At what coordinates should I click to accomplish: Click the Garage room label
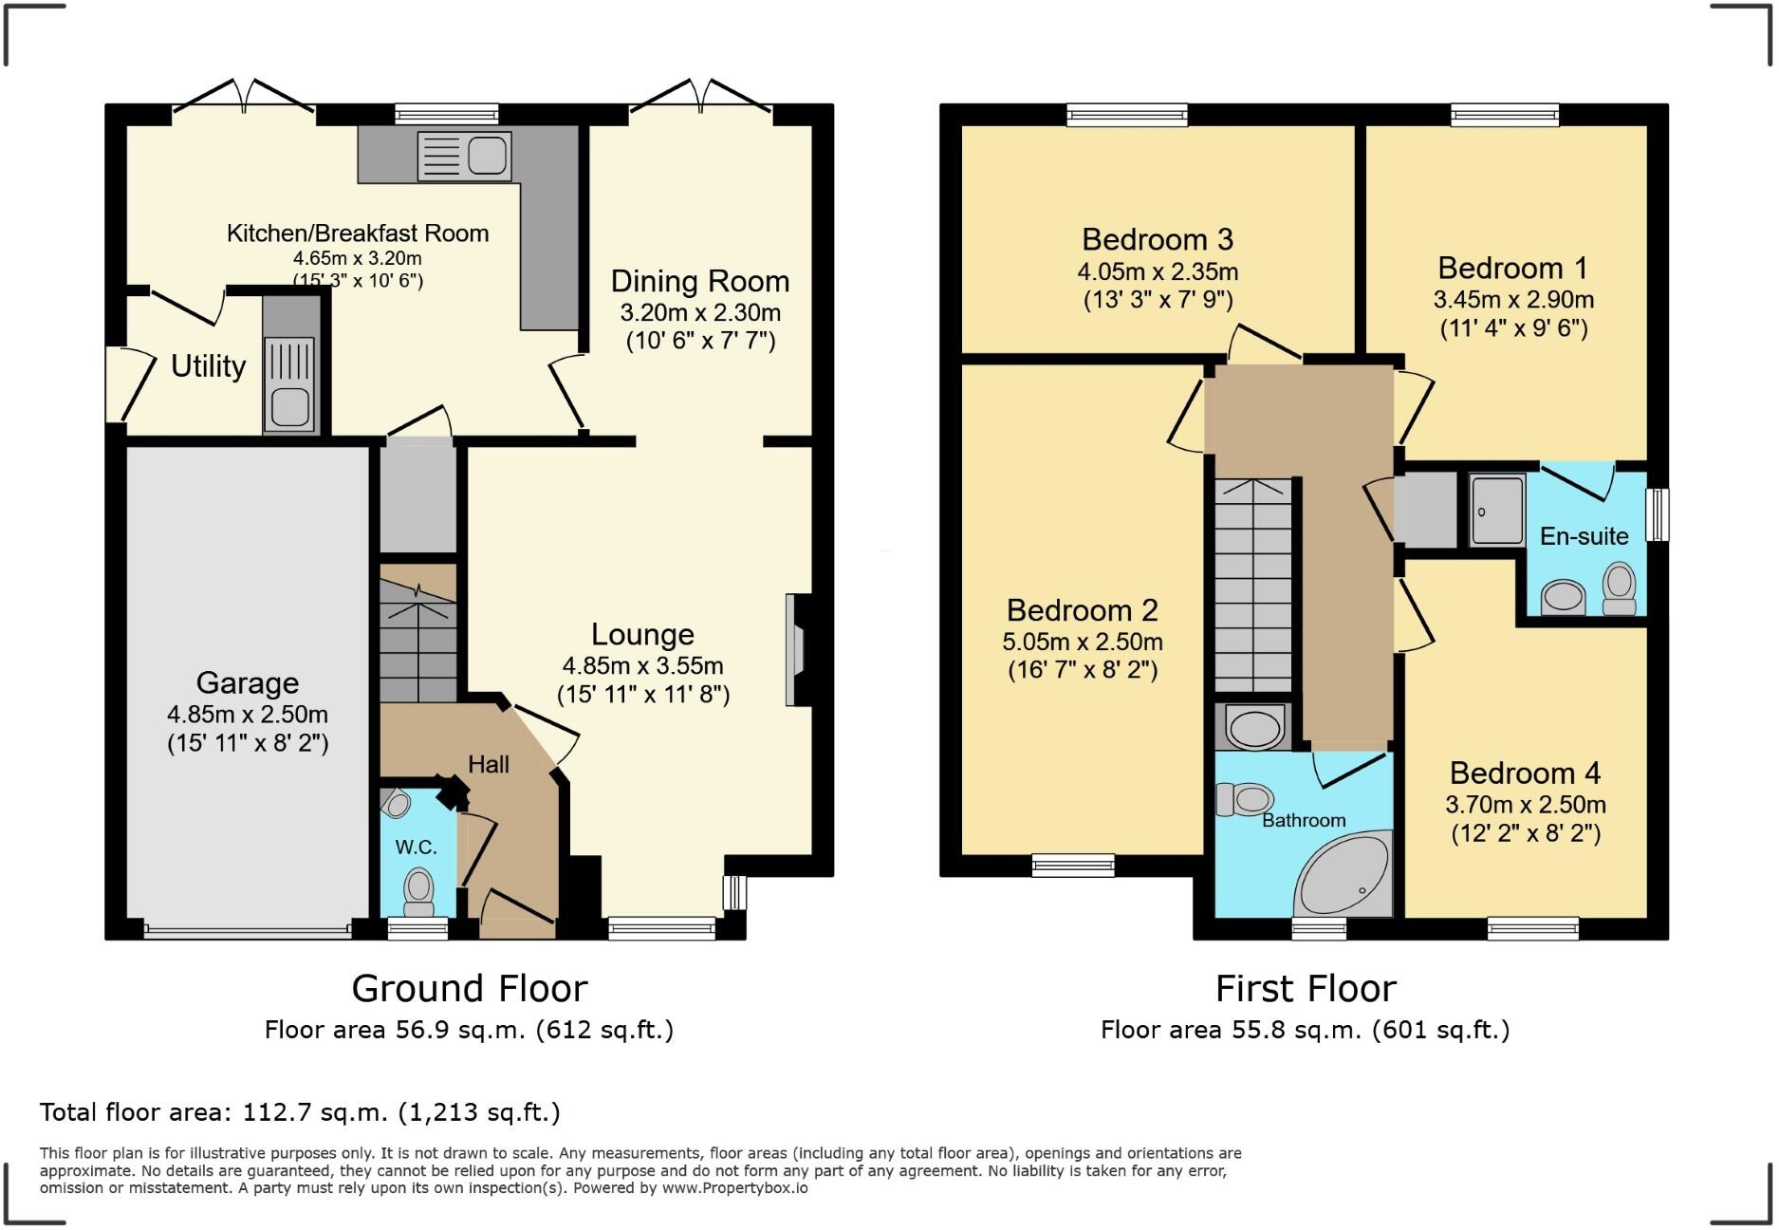point(248,682)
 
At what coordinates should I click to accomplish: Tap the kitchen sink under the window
point(465,156)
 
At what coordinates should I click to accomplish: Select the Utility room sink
point(289,384)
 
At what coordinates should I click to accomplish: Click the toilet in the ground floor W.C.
point(417,890)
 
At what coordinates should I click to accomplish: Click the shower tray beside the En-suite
point(1496,511)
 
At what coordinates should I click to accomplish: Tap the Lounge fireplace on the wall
point(795,650)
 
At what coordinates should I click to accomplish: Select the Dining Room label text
point(699,281)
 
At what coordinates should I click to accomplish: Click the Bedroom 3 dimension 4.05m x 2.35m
point(1157,272)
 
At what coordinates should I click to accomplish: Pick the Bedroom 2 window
point(1073,865)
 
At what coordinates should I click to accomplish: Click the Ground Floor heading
point(470,989)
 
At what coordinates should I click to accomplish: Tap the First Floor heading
point(1306,989)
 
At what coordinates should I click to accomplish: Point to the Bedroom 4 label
point(1525,773)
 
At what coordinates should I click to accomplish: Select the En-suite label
point(1584,536)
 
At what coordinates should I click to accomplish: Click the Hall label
point(489,764)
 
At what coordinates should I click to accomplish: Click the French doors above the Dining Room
point(701,96)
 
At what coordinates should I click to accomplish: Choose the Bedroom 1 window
point(1505,116)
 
